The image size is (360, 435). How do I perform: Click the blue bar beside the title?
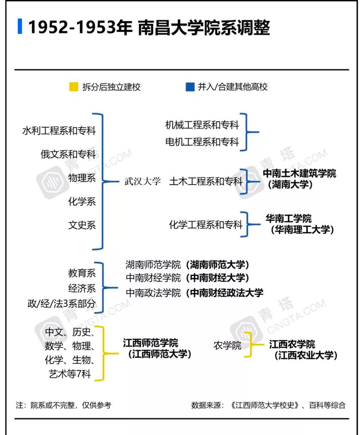(20, 26)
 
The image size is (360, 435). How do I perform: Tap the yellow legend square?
(74, 86)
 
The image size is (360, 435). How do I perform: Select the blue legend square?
(190, 86)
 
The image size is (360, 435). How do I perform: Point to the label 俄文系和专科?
(68, 154)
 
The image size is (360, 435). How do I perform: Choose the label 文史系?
(82, 225)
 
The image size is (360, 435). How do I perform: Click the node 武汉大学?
(142, 182)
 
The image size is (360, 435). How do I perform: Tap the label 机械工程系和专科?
(202, 125)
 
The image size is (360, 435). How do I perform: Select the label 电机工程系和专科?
(202, 142)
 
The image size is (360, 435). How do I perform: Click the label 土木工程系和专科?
(206, 182)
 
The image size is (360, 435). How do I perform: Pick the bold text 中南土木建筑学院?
(299, 173)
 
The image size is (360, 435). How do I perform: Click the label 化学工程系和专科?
(206, 224)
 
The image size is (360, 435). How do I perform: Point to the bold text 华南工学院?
(289, 219)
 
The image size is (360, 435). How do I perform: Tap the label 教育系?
(82, 273)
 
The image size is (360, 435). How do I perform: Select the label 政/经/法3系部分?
(62, 303)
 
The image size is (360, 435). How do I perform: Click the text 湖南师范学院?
(153, 265)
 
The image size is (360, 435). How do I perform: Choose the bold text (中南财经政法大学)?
(225, 293)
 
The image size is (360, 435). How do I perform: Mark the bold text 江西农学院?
(292, 344)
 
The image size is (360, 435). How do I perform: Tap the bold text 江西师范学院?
(150, 342)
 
